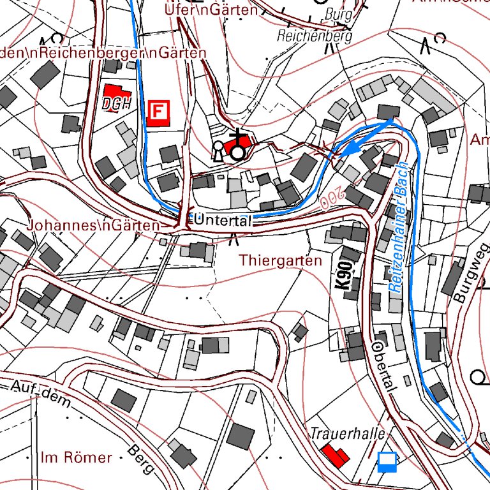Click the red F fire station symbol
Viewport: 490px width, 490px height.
click(158, 112)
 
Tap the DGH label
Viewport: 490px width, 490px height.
click(115, 104)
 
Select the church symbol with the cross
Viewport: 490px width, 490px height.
click(238, 145)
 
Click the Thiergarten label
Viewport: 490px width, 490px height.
click(281, 260)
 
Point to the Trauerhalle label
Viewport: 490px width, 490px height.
click(348, 434)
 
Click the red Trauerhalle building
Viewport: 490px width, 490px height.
click(334, 456)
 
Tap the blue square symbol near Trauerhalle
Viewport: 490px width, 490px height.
click(387, 461)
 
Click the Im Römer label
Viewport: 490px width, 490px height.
click(75, 457)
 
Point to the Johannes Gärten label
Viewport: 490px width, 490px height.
click(93, 225)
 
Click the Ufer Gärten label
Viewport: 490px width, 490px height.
click(211, 10)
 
